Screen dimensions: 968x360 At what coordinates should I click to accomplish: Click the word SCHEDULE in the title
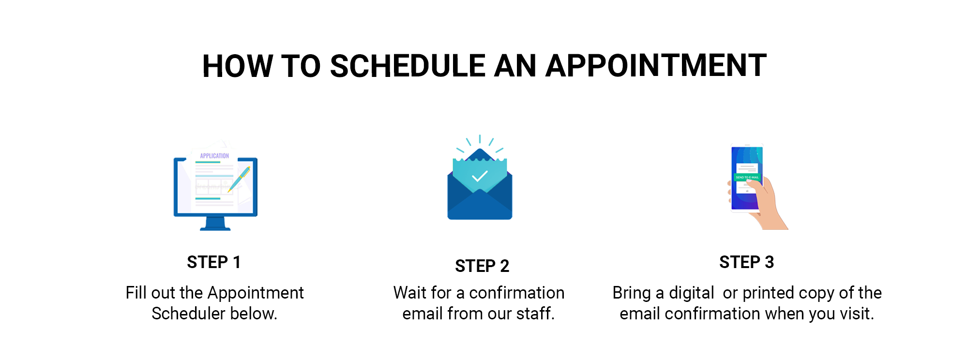[408, 66]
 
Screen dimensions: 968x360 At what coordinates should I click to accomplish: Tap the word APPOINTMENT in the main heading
[656, 66]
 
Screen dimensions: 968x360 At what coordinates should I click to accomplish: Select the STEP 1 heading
[214, 262]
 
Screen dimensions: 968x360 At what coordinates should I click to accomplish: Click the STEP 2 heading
[482, 266]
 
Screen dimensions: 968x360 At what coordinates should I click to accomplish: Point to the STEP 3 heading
[746, 262]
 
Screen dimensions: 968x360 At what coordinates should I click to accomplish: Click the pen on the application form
[239, 179]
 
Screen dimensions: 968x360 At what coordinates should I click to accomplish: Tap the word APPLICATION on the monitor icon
[214, 156]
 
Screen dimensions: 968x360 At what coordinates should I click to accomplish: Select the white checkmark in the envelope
[480, 176]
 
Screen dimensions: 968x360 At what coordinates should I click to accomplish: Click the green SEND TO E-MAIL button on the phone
[747, 177]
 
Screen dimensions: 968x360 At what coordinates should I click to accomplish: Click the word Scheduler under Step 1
[188, 314]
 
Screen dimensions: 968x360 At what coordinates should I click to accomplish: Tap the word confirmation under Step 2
[516, 293]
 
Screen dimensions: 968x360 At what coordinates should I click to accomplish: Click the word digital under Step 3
[691, 293]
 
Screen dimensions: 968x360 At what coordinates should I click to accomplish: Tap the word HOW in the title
[238, 66]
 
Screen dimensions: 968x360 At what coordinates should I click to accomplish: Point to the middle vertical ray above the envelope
[480, 139]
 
